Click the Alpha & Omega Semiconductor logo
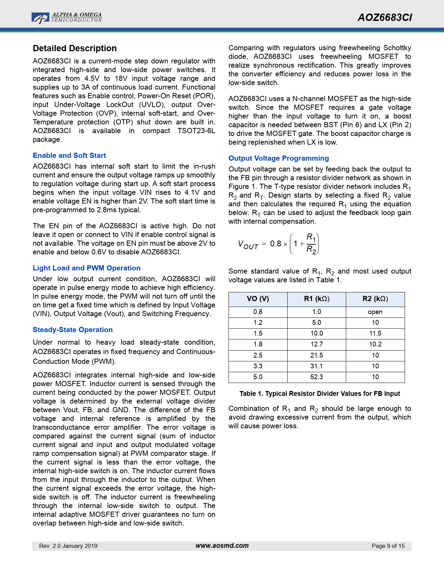click(x=67, y=17)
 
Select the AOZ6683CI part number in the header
click(x=385, y=18)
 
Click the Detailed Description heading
click(x=75, y=48)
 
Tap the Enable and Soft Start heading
click(x=69, y=155)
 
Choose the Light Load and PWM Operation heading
click(x=87, y=268)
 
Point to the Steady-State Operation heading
click(x=73, y=330)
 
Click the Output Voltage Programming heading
click(x=279, y=158)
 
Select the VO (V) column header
click(x=258, y=299)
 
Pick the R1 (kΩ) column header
click(x=317, y=299)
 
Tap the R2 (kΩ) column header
click(x=375, y=299)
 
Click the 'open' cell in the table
click(x=375, y=312)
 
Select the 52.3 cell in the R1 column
click(x=317, y=377)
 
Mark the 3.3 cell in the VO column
click(x=258, y=366)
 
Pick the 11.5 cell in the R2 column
click(x=375, y=333)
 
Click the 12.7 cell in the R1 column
click(x=317, y=344)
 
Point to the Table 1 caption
click(x=320, y=394)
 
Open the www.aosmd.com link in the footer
click(x=222, y=546)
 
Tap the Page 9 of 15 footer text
click(x=388, y=546)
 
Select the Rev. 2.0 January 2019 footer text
click(x=68, y=546)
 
